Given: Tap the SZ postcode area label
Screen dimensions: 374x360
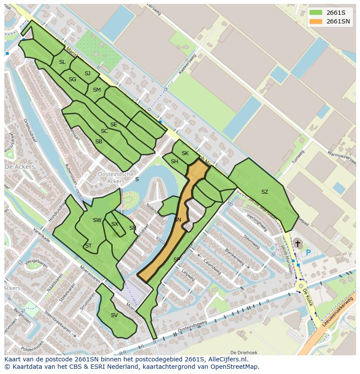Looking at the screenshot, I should [x=264, y=192].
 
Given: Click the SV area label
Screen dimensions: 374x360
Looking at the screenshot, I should [x=114, y=315].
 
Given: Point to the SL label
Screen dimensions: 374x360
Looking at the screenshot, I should [x=62, y=62].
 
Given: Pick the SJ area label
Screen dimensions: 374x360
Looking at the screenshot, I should [x=87, y=73].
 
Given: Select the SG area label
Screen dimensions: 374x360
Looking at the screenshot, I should [x=72, y=79].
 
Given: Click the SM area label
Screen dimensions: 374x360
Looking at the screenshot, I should [x=97, y=90].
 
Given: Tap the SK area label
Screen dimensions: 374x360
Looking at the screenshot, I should [x=185, y=153].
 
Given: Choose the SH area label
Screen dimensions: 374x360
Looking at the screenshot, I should [x=174, y=162].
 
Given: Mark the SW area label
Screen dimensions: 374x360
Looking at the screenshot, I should [x=97, y=220].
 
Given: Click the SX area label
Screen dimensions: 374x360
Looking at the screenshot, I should [x=114, y=224].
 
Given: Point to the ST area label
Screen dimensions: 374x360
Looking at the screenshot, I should [x=88, y=246].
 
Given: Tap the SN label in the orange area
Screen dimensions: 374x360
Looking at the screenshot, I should [x=177, y=220].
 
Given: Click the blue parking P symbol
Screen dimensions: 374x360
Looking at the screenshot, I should [x=308, y=252].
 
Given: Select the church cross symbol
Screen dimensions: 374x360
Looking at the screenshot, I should [x=297, y=245].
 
